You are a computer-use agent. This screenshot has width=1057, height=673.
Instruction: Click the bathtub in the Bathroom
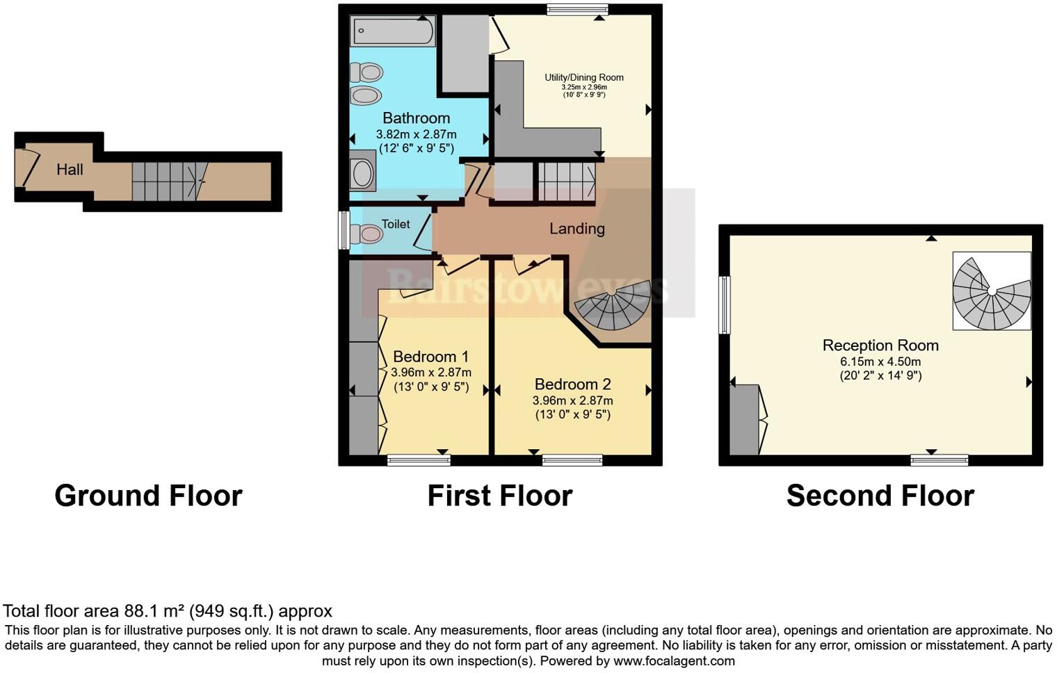(393, 31)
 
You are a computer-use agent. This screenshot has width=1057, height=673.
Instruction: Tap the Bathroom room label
(416, 118)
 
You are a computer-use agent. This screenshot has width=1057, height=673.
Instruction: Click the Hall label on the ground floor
(70, 170)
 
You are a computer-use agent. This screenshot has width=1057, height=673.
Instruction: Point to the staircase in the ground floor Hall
(170, 181)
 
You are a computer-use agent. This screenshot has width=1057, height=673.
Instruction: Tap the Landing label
(576, 229)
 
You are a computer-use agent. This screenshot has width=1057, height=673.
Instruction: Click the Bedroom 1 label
(430, 357)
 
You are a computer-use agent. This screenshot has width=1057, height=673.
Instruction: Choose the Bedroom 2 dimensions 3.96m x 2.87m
(572, 400)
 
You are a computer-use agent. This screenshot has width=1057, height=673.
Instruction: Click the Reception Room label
(880, 346)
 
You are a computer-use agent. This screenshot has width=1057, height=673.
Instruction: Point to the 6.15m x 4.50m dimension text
(880, 362)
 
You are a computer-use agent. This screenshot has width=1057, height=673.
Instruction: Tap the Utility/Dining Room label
(583, 77)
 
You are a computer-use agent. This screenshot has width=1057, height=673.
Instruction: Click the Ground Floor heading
(148, 496)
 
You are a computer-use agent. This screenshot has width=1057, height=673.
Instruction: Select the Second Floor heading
(880, 496)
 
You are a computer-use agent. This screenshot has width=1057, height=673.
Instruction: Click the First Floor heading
(499, 496)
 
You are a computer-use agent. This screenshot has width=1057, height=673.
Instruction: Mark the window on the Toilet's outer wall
(344, 230)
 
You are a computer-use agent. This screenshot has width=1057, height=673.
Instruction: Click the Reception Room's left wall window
(725, 305)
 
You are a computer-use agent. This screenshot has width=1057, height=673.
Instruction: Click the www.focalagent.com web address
(674, 660)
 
